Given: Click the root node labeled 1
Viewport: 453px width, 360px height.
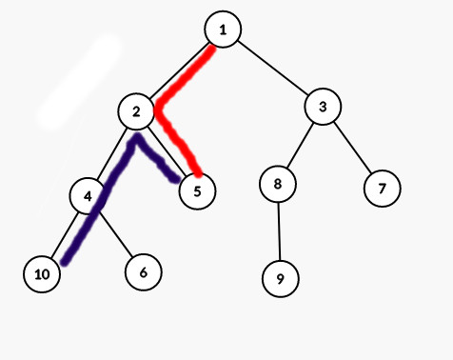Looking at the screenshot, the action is pos(223,30).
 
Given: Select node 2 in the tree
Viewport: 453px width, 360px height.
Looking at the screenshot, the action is pos(137,111).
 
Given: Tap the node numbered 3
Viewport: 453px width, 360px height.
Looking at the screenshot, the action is pos(324,107).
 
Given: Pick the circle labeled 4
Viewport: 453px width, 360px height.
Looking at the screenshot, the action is pos(88,195).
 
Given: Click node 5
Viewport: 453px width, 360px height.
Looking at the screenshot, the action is pos(197,191).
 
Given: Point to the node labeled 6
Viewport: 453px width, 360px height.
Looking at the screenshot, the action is pos(143,271).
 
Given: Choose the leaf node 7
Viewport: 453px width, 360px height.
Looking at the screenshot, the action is pos(382,188).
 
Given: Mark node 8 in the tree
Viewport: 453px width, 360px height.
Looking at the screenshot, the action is pos(278,184).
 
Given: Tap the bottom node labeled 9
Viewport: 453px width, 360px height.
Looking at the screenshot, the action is pos(281,279).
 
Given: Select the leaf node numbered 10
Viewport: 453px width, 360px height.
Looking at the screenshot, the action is pos(42,274).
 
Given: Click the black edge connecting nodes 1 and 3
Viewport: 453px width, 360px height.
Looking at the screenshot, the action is pos(273,69).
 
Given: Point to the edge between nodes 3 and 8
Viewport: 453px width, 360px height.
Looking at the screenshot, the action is pos(301,145).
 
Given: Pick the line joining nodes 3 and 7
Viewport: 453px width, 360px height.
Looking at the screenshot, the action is pos(352,147).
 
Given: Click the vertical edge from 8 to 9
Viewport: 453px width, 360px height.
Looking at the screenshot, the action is pos(279,231).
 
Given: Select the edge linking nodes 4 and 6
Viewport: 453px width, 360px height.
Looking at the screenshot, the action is pos(115,233).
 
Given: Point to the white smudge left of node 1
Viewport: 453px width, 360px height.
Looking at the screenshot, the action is pos(79,83).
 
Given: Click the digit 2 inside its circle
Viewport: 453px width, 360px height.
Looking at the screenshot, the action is pos(137,111).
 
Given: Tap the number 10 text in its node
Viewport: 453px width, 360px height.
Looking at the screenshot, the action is pos(42,274).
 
